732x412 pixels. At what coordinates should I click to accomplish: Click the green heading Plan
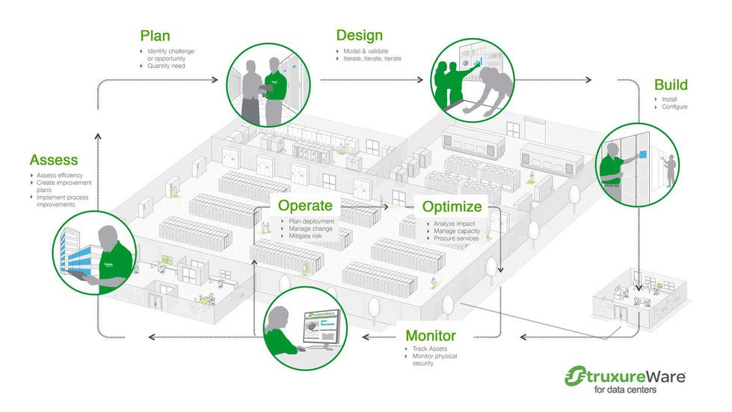[155, 36]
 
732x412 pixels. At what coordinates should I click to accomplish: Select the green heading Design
[359, 36]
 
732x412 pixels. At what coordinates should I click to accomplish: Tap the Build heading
[671, 84]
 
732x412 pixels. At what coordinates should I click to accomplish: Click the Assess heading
[54, 160]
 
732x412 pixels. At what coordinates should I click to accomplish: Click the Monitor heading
[440, 336]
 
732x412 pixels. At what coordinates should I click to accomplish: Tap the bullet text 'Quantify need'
[167, 66]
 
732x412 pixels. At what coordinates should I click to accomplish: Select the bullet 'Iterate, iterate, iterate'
[371, 58]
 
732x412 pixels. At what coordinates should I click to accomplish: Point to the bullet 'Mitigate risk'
[309, 236]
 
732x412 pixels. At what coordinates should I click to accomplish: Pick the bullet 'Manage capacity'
[458, 231]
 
